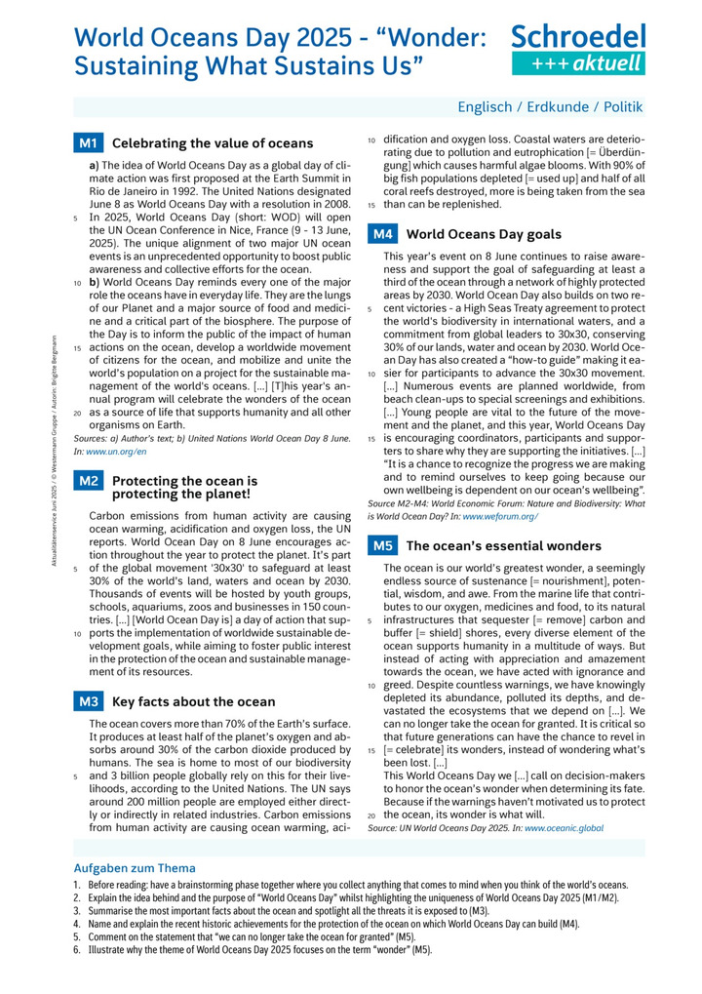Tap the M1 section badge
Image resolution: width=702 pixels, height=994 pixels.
tap(88, 143)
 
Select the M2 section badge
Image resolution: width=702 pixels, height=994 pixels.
tap(88, 481)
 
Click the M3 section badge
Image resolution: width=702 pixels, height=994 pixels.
tap(89, 700)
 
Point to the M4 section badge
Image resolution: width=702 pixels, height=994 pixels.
tap(382, 234)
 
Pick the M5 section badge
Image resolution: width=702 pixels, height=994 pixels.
tap(382, 546)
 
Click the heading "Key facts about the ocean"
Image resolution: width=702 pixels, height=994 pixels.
tap(194, 701)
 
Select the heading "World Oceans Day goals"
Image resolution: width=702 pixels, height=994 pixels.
tap(483, 234)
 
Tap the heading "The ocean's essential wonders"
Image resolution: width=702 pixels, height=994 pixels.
tap(503, 546)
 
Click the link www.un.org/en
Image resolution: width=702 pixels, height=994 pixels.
tap(117, 453)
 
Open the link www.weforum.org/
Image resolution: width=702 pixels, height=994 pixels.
tap(500, 516)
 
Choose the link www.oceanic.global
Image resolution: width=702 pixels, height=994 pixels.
tap(564, 828)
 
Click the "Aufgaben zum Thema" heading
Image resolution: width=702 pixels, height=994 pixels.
tap(135, 868)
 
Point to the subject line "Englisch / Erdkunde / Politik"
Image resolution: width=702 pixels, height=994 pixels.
tap(551, 107)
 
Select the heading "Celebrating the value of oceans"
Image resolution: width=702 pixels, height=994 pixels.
tap(213, 143)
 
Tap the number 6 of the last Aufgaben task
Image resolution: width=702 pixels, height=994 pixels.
tap(76, 949)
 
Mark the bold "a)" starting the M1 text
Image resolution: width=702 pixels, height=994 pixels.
tap(95, 166)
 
